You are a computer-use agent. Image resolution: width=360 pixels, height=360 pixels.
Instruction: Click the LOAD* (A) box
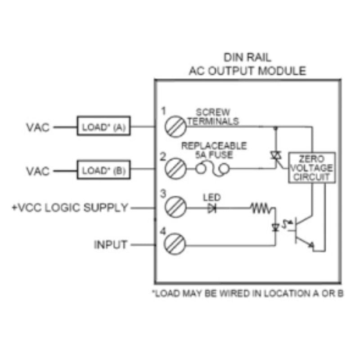(103, 127)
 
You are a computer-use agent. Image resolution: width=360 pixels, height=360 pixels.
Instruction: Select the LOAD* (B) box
(103, 171)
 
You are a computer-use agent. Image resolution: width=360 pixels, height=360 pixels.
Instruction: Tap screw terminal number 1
(174, 127)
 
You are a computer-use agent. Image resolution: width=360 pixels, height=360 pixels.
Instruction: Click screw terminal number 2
(174, 170)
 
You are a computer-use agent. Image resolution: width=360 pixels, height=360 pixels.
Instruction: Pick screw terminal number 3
(174, 208)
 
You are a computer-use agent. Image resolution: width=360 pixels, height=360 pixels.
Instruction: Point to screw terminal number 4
(174, 245)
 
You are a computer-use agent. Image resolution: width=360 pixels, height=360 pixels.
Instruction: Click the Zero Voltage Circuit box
(311, 167)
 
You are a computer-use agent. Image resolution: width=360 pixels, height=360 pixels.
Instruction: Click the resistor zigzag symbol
(262, 208)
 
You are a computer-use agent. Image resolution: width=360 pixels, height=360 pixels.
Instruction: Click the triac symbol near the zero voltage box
(275, 155)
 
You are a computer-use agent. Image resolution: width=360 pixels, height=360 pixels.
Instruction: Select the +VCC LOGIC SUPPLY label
(71, 208)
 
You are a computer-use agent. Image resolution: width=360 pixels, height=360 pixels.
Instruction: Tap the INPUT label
(111, 245)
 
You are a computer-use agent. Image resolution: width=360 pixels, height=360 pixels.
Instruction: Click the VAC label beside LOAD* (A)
(37, 127)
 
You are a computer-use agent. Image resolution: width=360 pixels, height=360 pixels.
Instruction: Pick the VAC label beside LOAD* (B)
(37, 171)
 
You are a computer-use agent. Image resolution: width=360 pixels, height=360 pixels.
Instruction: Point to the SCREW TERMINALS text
(213, 117)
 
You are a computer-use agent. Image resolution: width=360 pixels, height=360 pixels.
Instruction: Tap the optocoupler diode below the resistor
(275, 227)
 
